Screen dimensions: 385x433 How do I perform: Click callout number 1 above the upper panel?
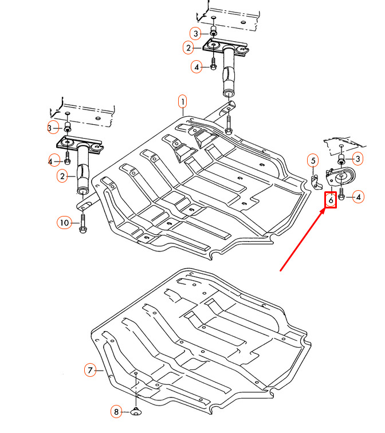point(182,102)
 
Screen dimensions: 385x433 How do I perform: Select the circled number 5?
point(313,161)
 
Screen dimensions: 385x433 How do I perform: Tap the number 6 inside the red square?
point(331,200)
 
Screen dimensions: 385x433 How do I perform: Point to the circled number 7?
point(90,370)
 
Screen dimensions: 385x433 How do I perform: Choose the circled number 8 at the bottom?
point(116,412)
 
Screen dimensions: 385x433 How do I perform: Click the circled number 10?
point(64,223)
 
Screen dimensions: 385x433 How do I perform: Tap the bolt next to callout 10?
point(82,223)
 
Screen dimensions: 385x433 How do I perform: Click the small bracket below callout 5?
point(316,182)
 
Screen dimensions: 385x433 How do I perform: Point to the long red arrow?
point(302,239)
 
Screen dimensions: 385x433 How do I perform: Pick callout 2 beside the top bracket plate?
point(188,48)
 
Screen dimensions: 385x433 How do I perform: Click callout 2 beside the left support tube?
point(62,176)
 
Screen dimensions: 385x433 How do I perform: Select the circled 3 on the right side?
point(357,159)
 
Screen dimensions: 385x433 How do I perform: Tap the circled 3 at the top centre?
point(195,34)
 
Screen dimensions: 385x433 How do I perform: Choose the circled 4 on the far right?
point(358,197)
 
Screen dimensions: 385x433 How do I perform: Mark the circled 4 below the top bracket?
point(197,67)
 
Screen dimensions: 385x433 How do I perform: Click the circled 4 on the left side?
point(53,160)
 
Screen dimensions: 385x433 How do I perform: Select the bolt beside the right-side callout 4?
point(341,194)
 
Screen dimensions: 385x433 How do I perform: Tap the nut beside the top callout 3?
point(213,31)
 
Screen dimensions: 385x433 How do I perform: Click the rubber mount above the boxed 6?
point(341,177)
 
